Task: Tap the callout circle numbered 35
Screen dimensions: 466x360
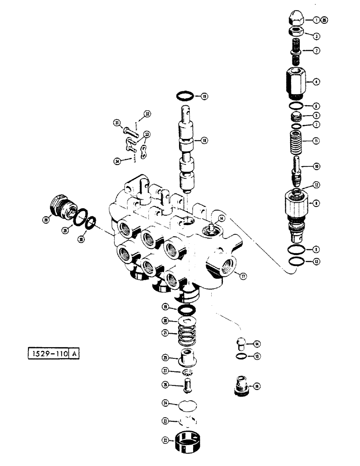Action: pos(324,20)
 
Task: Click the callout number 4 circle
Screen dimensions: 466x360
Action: pos(317,82)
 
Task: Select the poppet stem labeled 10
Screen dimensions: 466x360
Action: pos(297,167)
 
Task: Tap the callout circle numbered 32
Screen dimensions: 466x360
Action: pos(147,114)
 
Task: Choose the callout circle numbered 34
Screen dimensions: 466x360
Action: pos(117,161)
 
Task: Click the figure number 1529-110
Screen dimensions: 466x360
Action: pos(47,354)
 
